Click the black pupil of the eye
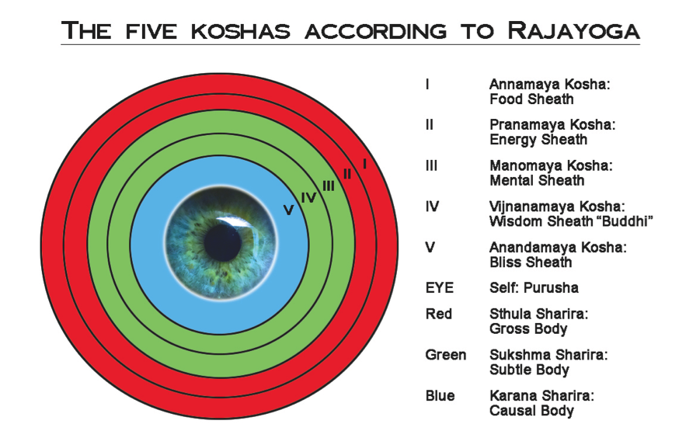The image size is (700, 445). (x=223, y=243)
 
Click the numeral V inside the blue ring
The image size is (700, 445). (x=289, y=210)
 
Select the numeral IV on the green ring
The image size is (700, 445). (x=308, y=197)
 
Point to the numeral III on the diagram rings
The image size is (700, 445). (x=329, y=186)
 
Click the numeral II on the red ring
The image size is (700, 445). (x=347, y=174)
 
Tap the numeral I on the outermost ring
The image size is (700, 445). (x=364, y=164)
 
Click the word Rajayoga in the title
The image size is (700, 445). (x=573, y=30)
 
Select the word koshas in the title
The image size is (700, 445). (x=241, y=31)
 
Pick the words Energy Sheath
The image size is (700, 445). (x=538, y=139)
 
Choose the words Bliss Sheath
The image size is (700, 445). (x=531, y=262)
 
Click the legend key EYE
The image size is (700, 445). (x=439, y=288)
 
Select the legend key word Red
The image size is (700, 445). (x=438, y=314)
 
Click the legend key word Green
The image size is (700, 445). (x=445, y=355)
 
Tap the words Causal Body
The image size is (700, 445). (x=531, y=411)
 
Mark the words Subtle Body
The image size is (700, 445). (x=529, y=370)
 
